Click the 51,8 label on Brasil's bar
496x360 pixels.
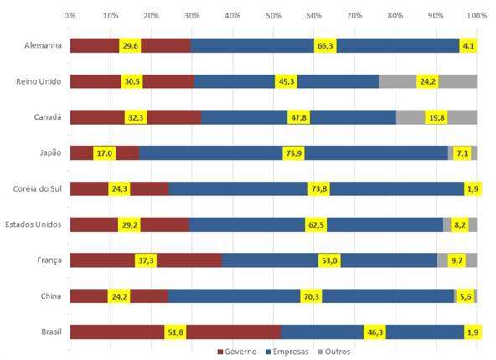coord(175,332)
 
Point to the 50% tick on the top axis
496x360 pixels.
coord(273,15)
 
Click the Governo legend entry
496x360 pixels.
coord(240,352)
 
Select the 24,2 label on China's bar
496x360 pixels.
coord(119,296)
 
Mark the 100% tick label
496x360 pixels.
coord(476,15)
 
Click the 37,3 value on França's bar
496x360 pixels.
coord(146,260)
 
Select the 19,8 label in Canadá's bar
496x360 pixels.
coord(436,117)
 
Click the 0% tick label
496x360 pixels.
coord(70,15)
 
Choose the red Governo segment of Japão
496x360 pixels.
coord(80,152)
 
